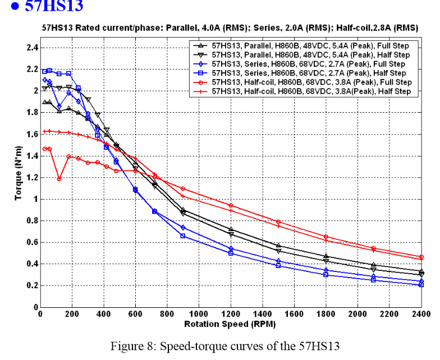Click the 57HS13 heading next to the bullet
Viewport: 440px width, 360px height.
click(56, 7)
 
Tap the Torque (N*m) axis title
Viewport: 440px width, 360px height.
click(17, 177)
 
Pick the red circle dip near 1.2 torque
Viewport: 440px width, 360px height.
click(59, 179)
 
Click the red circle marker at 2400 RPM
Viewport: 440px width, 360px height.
click(421, 257)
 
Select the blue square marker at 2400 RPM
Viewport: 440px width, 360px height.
click(421, 285)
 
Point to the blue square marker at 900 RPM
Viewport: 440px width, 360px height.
click(183, 236)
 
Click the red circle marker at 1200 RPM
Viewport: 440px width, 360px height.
click(231, 205)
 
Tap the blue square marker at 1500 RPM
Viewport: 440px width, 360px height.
click(278, 265)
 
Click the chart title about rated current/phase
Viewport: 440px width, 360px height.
click(230, 27)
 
